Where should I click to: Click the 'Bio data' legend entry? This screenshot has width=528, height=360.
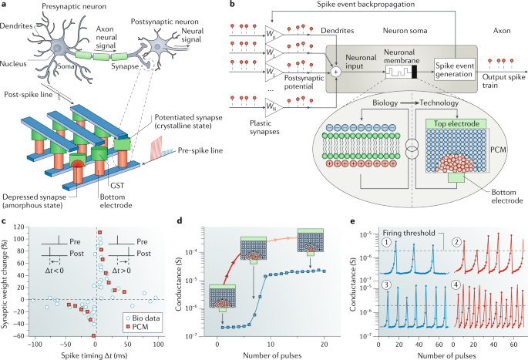tap(140, 316)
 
